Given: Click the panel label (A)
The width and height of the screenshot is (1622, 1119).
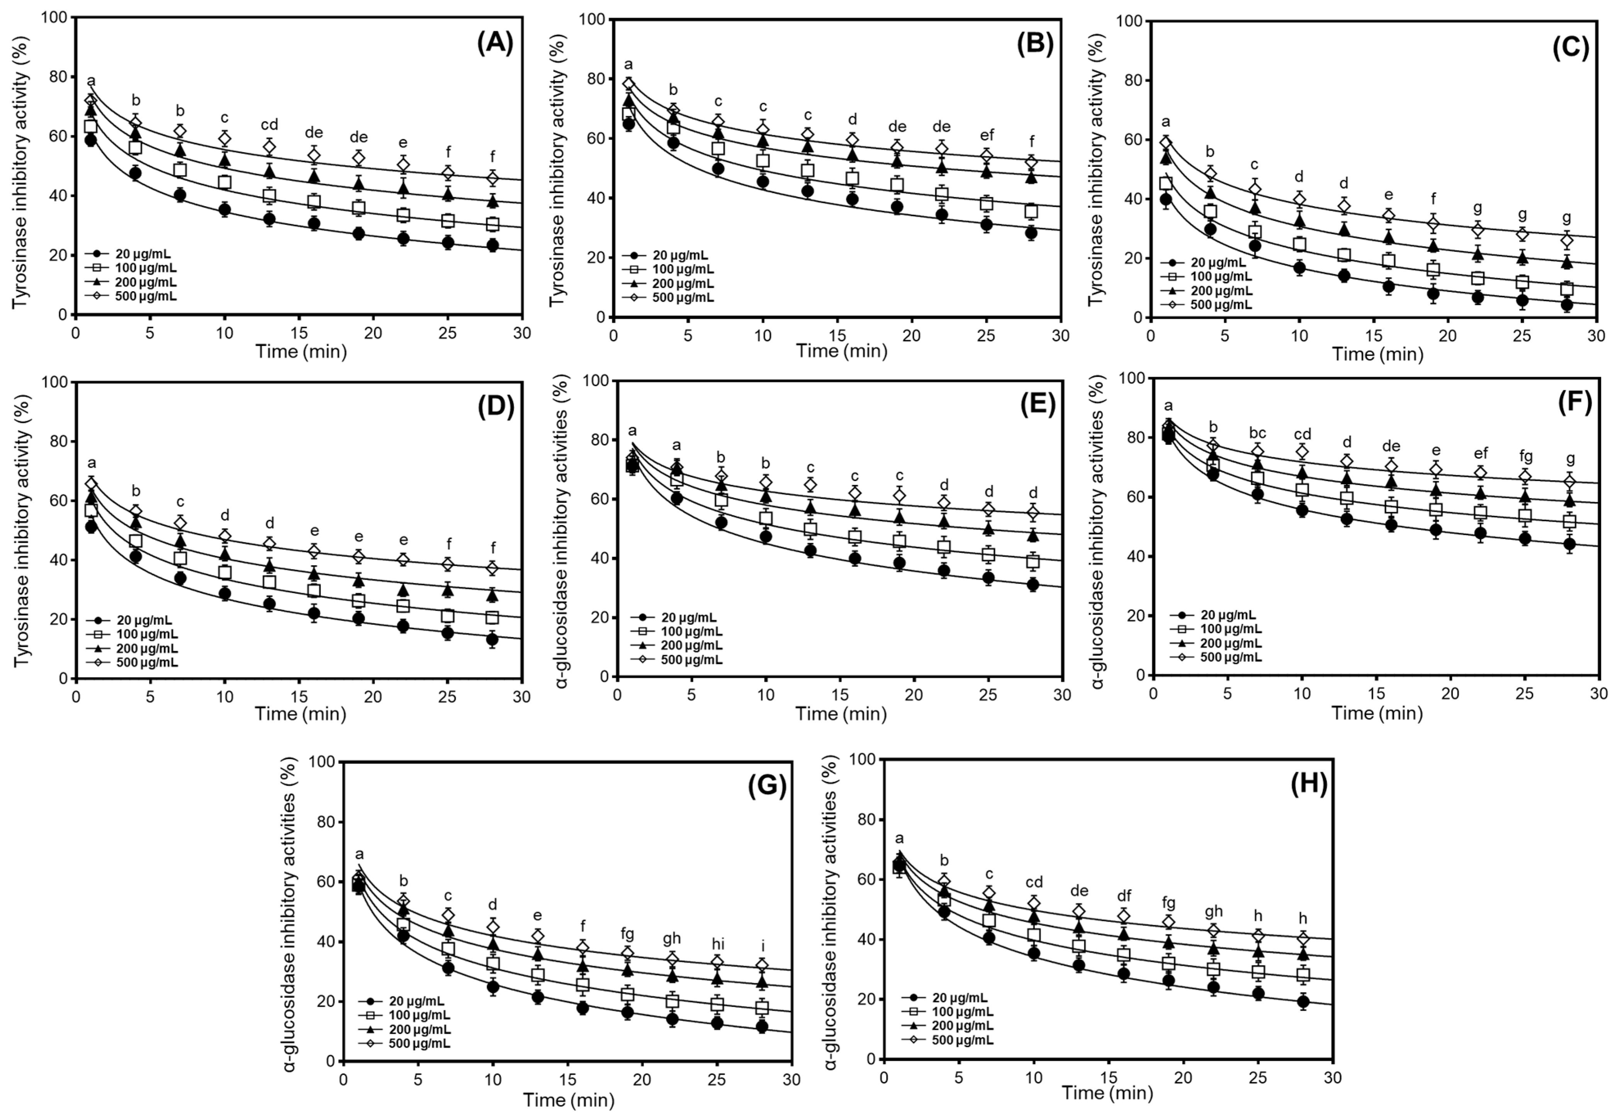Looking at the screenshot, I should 495,44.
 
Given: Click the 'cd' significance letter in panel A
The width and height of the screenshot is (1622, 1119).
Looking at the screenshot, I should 269,125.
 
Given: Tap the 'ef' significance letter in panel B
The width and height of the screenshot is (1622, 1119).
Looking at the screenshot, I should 987,135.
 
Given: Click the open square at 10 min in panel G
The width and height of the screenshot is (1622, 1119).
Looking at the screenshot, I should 493,964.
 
